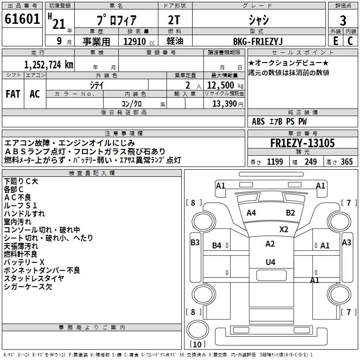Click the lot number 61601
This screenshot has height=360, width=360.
point(22,20)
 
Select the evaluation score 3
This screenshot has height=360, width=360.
point(343,21)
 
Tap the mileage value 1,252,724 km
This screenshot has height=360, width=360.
point(49,65)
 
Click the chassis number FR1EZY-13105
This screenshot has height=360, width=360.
point(302,144)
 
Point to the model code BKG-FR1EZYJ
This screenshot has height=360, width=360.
point(258,41)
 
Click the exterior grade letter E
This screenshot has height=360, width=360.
point(335,41)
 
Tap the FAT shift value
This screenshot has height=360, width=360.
point(13,94)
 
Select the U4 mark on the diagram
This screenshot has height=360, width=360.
point(270,262)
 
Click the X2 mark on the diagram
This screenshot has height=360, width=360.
point(283,229)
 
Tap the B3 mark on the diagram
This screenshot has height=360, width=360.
point(195,243)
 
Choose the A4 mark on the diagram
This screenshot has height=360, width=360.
point(251,213)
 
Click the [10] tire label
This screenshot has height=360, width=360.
point(196,345)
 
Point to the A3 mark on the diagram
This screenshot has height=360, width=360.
point(346,243)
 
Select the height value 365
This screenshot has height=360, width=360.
point(346,162)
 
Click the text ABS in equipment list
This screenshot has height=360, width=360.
point(258,121)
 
